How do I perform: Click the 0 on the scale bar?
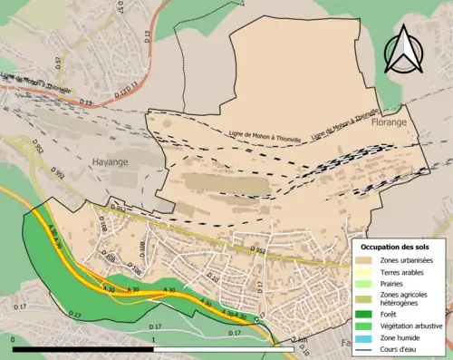click(x=14, y=338)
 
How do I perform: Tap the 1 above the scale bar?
click(x=154, y=338)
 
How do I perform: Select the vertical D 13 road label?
click(x=147, y=37)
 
